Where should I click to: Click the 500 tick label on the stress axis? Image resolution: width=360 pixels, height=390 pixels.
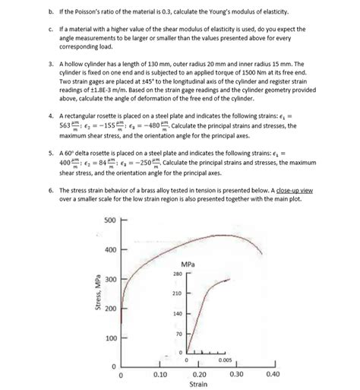(x=109, y=220)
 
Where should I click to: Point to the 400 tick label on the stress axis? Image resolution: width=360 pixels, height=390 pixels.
(x=109, y=250)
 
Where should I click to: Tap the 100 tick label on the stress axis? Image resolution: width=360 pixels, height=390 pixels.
(x=109, y=338)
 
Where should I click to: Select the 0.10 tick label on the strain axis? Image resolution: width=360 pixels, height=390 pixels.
(x=159, y=374)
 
